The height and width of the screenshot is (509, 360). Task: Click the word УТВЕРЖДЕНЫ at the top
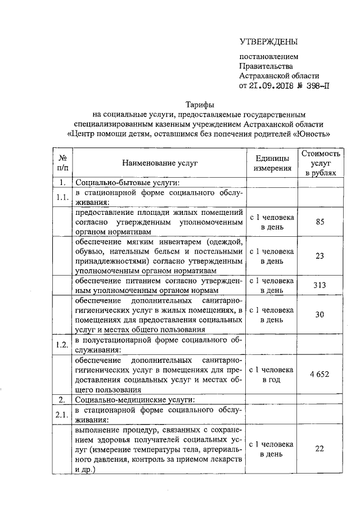click(268, 41)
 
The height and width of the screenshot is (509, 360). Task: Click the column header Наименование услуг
click(162, 163)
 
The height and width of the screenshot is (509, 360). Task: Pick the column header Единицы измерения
click(272, 163)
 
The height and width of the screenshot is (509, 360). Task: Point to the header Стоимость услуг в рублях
click(320, 163)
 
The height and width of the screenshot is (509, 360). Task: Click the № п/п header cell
click(62, 163)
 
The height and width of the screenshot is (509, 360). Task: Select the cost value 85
click(320, 222)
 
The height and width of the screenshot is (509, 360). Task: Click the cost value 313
click(320, 285)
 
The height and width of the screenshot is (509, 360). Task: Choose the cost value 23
click(320, 256)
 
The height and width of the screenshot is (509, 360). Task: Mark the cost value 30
click(320, 314)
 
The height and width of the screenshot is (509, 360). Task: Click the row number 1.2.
click(62, 345)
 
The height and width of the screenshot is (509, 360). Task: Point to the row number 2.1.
click(62, 415)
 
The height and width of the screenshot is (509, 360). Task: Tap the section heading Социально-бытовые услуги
click(127, 182)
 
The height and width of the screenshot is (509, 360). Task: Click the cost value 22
click(320, 448)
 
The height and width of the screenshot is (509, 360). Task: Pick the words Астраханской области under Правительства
click(279, 75)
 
